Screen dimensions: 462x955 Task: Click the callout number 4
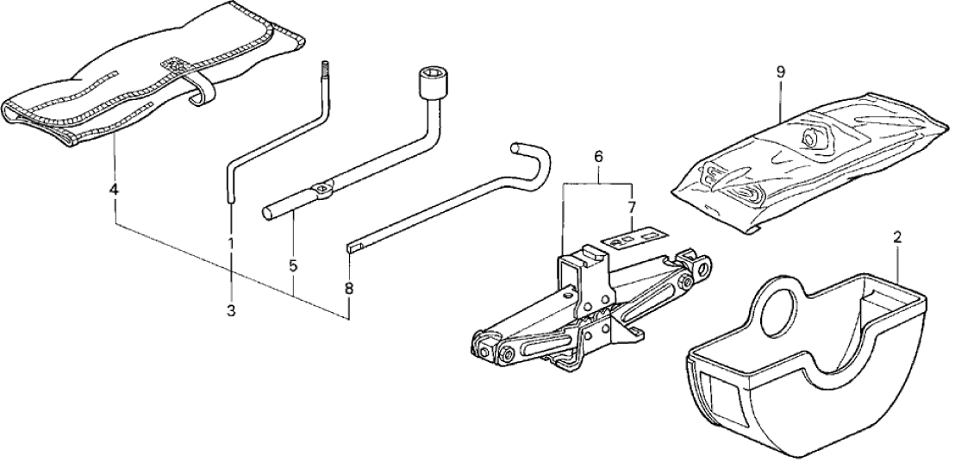(114, 188)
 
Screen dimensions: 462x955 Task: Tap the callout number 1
(231, 244)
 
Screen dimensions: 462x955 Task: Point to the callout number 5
(293, 267)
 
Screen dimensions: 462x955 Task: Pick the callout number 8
(349, 290)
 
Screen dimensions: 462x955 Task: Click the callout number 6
(596, 157)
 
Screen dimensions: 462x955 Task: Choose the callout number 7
(632, 207)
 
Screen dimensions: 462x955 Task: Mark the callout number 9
(781, 72)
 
